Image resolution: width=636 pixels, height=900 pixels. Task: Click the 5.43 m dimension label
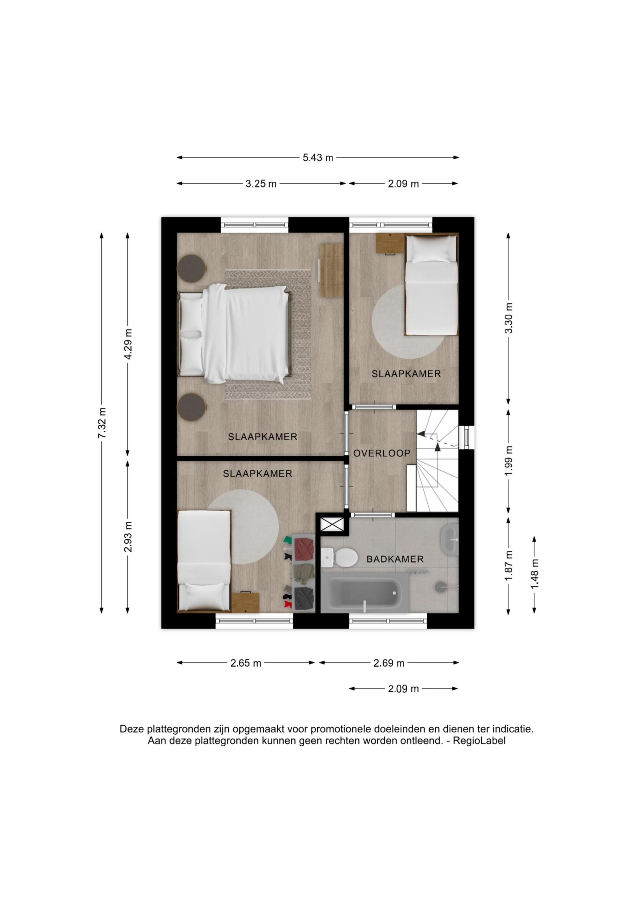coord(318,158)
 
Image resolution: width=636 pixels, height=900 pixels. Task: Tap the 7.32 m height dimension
coord(102,423)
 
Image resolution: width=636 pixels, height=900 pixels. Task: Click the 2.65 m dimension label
coord(246,663)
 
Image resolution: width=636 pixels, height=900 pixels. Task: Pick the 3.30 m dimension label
coord(509,318)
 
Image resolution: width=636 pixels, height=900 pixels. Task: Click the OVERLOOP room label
coord(382,454)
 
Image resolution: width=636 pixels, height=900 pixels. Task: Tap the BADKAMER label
coord(395,559)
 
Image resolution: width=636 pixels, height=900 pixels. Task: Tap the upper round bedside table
coord(192,268)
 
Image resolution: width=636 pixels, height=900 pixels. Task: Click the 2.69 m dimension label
coord(389,663)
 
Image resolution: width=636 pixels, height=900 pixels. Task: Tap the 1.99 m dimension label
coord(509,461)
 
